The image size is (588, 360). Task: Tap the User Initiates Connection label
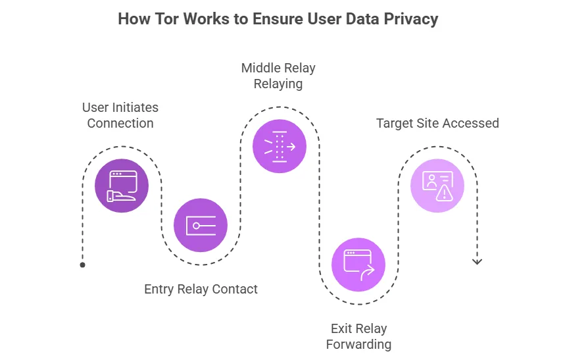pyautogui.click(x=120, y=115)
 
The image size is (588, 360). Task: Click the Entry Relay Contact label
pyautogui.click(x=201, y=289)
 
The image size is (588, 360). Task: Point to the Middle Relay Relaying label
pyautogui.click(x=278, y=76)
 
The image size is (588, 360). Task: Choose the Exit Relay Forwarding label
pyautogui.click(x=358, y=336)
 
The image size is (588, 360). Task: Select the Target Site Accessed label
pyautogui.click(x=437, y=123)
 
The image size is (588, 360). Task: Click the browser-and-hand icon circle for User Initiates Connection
pyautogui.click(x=122, y=186)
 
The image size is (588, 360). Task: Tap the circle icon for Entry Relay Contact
pyautogui.click(x=201, y=225)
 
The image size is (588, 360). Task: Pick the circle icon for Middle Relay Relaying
pyautogui.click(x=280, y=146)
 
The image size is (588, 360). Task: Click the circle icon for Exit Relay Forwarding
pyautogui.click(x=358, y=265)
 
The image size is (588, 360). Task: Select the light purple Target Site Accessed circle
pyautogui.click(x=437, y=186)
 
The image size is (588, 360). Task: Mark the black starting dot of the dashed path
pyautogui.click(x=82, y=265)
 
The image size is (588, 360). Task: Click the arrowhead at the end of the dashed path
pyautogui.click(x=478, y=262)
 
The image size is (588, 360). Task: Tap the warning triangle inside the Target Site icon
pyautogui.click(x=446, y=193)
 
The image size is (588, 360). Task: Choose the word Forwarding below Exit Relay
pyautogui.click(x=358, y=344)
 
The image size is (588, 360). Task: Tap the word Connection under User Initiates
pyautogui.click(x=120, y=123)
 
